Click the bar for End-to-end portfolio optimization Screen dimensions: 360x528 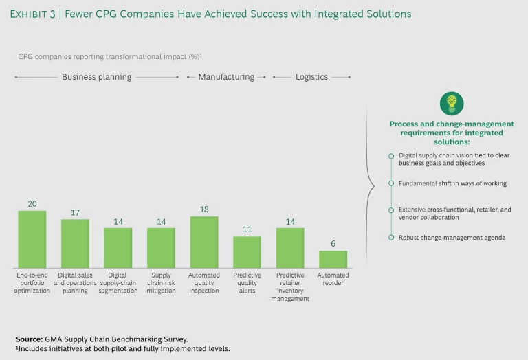pos(32,239)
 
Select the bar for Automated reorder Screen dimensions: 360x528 pos(333,259)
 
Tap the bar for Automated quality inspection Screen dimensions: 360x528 pos(203,242)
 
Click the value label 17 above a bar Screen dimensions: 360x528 pos(75,213)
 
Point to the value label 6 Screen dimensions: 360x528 pos(333,245)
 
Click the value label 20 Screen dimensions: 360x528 pos(32,204)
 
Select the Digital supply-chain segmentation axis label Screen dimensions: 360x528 pos(118,283)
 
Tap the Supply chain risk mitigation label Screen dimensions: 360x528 pos(161,283)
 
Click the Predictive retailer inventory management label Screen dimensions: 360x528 pos(289,287)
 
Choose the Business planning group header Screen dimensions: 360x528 pos(96,77)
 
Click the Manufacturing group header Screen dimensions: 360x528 pos(226,77)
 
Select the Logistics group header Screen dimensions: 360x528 pos(311,77)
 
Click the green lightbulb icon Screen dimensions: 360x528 pos(452,103)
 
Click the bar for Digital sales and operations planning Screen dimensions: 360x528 pos(75,243)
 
